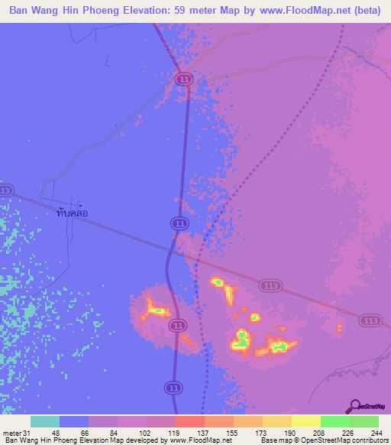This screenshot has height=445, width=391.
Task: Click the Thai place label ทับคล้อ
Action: pos(78,213)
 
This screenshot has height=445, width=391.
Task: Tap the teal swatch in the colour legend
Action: pos(45,421)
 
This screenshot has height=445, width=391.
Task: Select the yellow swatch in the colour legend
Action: pos(305,421)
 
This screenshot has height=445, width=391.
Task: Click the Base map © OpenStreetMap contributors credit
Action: pos(324,441)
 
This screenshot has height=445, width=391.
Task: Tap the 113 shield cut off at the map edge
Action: pos(5,190)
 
